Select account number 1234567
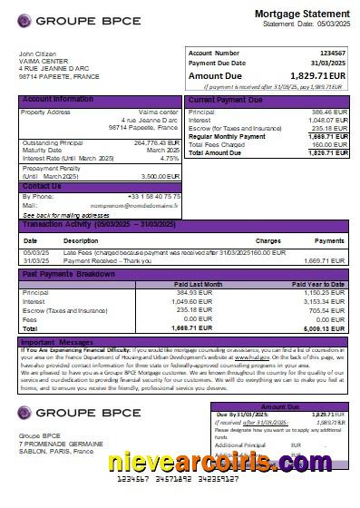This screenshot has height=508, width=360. click(x=333, y=54)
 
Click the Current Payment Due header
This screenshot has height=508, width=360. click(x=229, y=100)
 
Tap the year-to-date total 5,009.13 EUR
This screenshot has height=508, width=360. click(x=326, y=328)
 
